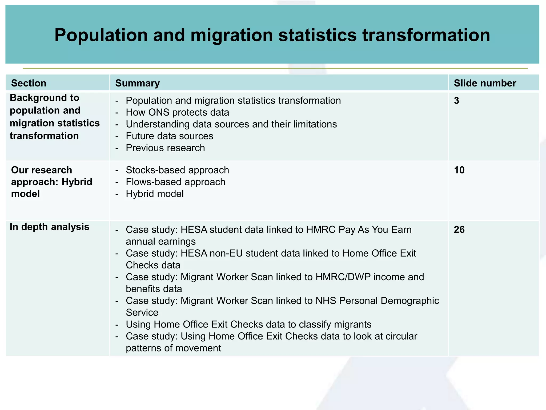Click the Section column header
[x=29, y=83]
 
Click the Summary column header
[x=138, y=83]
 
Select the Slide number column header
[x=485, y=83]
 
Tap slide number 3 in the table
[x=456, y=101]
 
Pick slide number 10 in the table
[x=459, y=170]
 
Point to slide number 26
[x=459, y=230]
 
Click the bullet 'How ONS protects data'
[x=177, y=112]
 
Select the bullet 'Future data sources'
[x=170, y=136]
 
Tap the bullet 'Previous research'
[x=165, y=148]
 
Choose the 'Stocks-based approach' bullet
[x=177, y=170]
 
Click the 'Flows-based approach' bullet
[x=175, y=182]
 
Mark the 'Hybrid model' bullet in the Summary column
[x=155, y=194]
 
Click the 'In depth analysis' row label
[x=50, y=227]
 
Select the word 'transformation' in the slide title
[x=426, y=35]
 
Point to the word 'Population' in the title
[x=101, y=35]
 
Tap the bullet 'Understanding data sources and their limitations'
[x=231, y=124]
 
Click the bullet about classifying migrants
[x=248, y=324]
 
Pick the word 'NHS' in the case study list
[x=326, y=301]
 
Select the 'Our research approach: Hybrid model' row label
[x=52, y=182]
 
